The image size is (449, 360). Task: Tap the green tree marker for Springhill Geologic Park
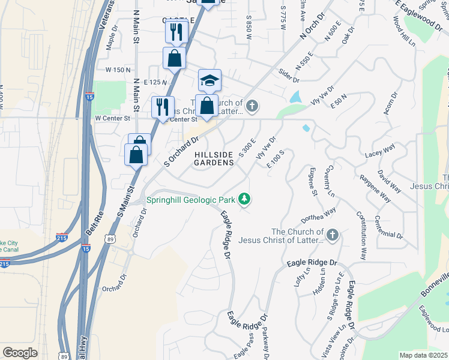[244, 198]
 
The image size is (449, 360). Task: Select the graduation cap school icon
[210, 80]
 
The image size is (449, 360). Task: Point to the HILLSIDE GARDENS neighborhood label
[214, 159]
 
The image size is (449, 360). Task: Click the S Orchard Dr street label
[181, 152]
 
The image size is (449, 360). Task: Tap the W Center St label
[113, 118]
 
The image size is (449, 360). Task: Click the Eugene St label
[312, 181]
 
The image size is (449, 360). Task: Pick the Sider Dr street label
[289, 76]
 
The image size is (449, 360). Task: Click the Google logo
[20, 353]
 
